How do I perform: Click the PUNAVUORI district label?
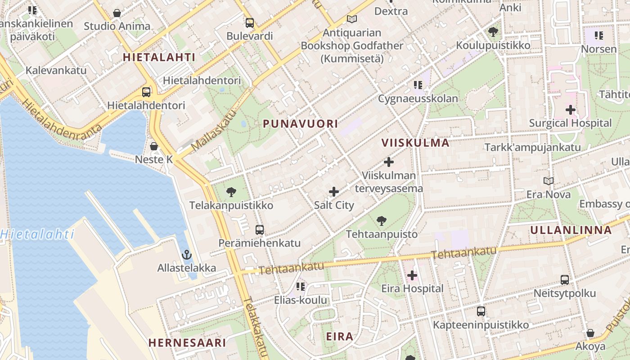point(300,124)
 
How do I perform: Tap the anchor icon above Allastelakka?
point(186,255)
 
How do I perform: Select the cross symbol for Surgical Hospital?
point(571,109)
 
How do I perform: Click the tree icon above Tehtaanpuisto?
point(382,221)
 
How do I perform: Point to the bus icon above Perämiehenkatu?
point(260,230)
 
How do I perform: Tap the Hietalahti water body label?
point(37,234)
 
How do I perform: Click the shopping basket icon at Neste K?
point(154,146)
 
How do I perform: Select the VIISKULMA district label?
point(415,143)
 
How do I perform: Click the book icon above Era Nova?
point(548,181)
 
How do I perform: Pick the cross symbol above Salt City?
point(334,192)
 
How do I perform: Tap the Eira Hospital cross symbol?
point(412,275)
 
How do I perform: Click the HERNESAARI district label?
point(187,343)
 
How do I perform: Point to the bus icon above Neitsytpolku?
point(565,280)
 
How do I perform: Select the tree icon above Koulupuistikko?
point(493,32)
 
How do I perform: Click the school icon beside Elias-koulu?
point(301,287)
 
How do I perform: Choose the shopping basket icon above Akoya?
point(590,333)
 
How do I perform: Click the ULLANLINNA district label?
point(571,230)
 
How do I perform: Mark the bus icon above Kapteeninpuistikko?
point(481,311)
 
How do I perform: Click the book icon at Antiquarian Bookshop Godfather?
point(352,19)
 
